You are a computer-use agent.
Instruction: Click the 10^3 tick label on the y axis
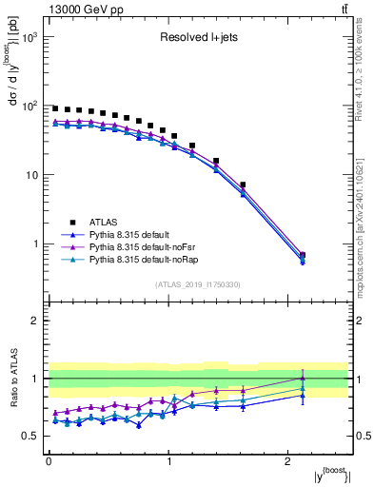30,37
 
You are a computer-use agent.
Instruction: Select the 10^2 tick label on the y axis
30,106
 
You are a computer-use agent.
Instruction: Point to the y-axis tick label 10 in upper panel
32,175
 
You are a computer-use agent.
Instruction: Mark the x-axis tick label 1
168,461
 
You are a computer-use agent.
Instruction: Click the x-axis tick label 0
49,461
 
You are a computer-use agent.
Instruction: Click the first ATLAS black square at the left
55,108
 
